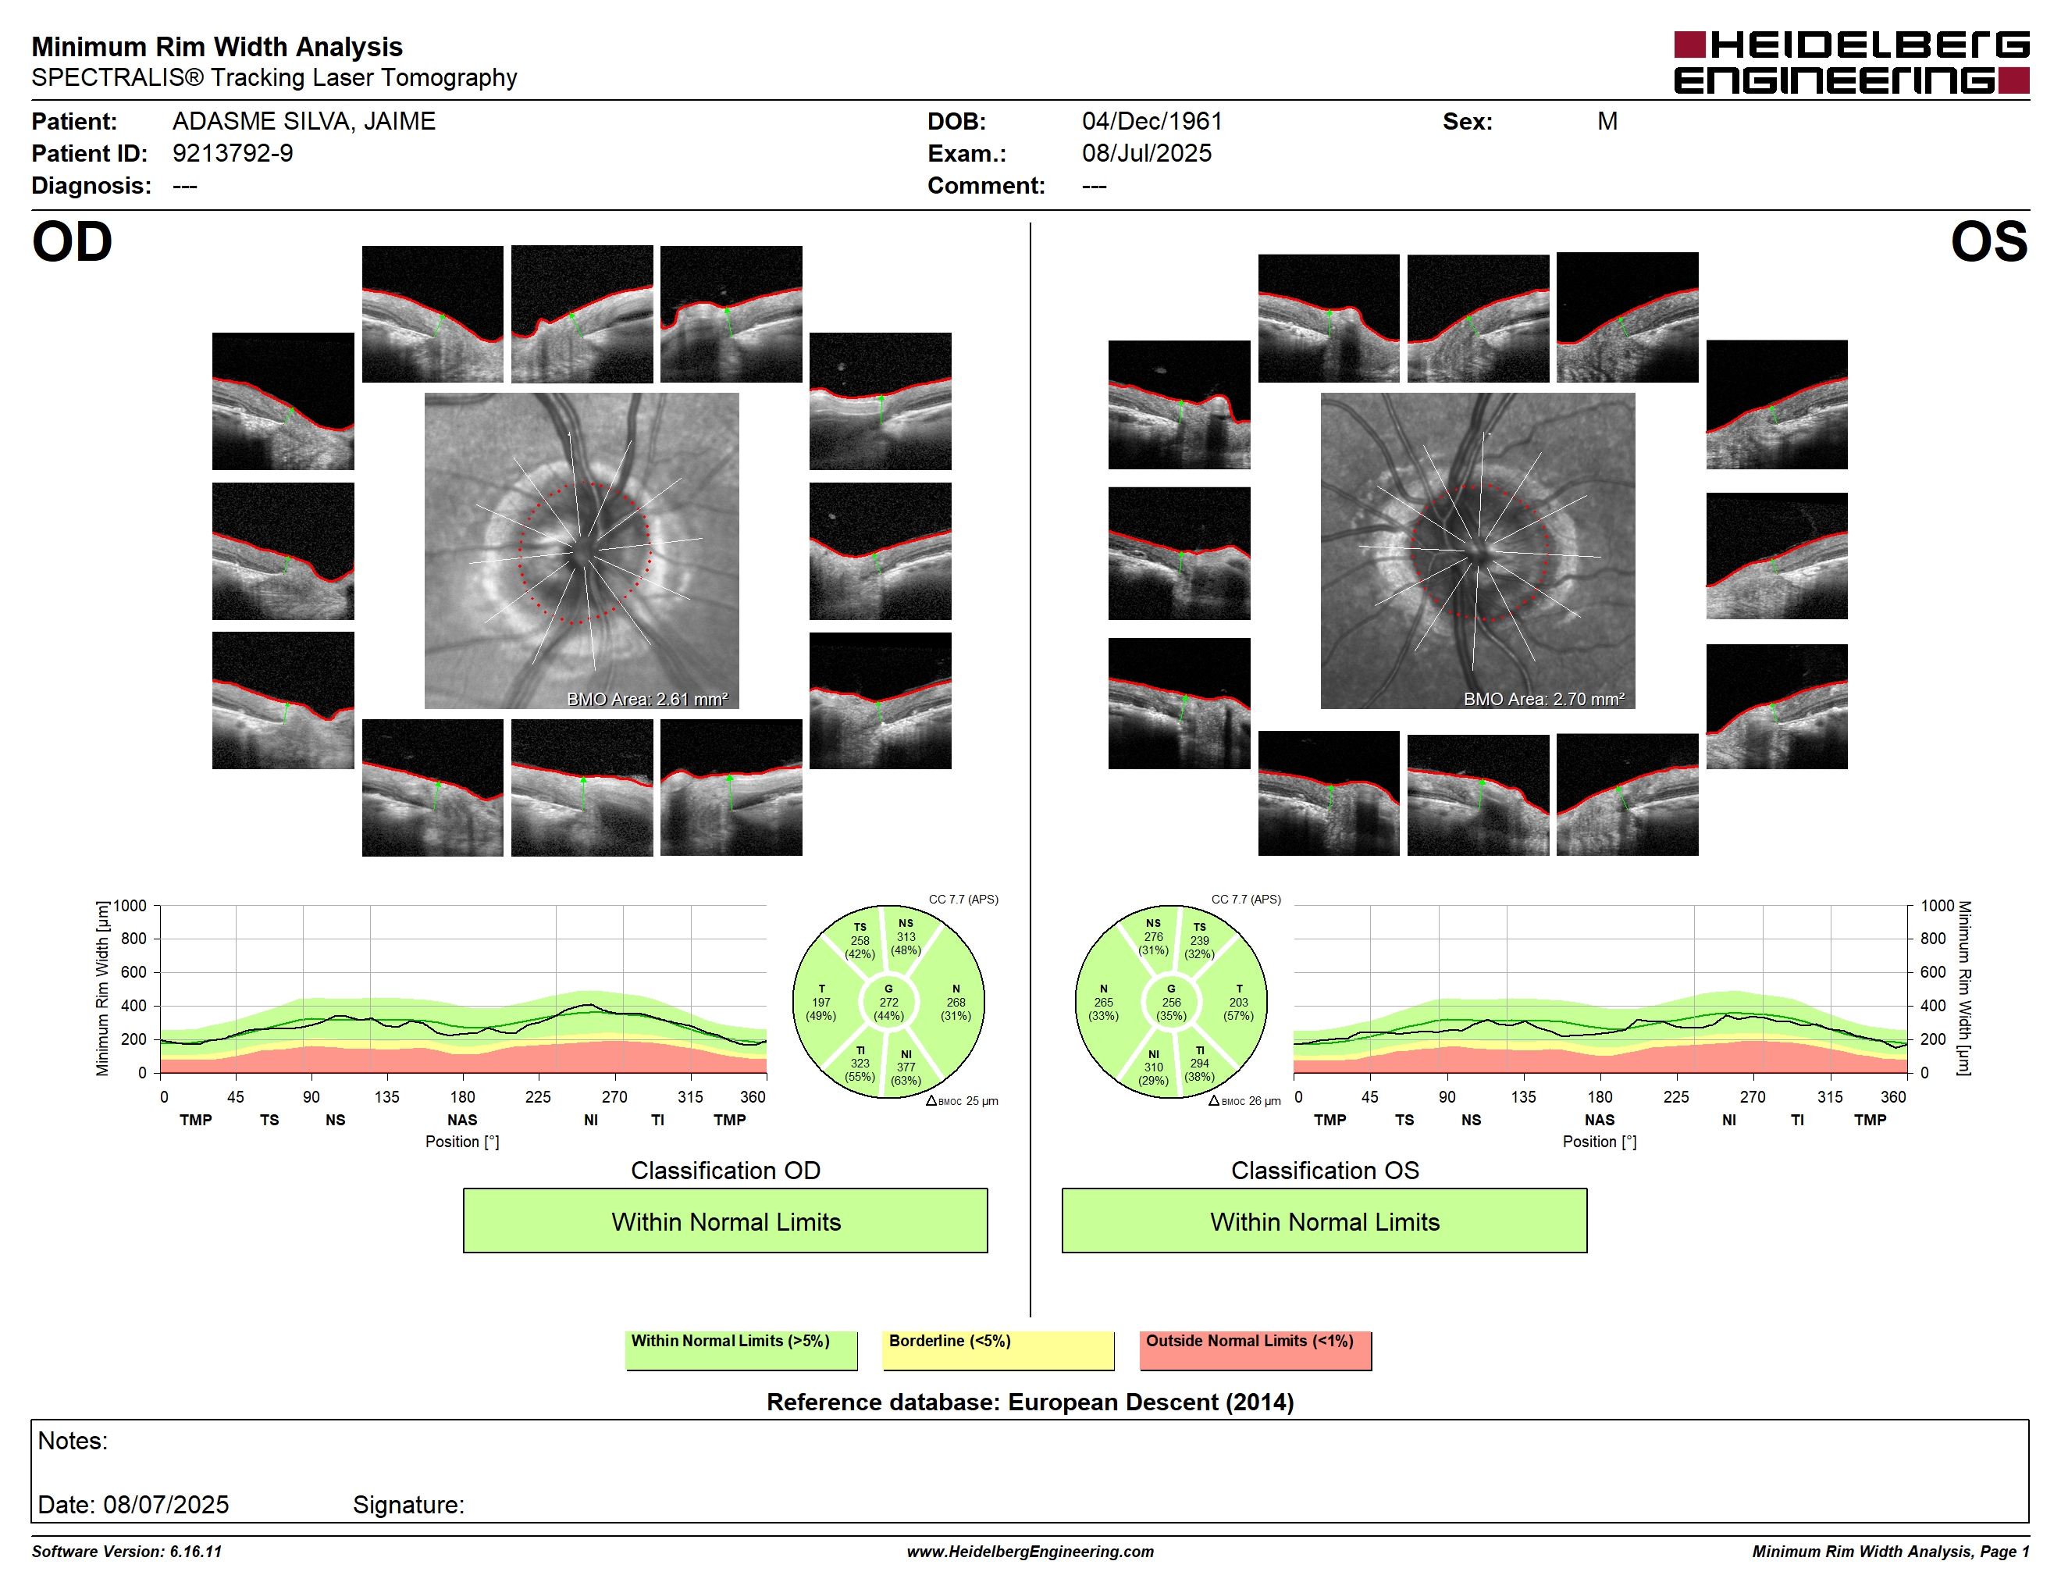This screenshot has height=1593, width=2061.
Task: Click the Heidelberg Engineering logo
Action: point(1852,62)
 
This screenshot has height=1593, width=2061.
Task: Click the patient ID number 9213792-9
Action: point(232,153)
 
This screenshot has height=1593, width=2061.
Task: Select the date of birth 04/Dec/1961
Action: point(1152,121)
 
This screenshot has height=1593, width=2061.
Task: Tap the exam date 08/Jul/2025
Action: point(1147,153)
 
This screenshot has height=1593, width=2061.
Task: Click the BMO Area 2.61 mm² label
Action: point(647,700)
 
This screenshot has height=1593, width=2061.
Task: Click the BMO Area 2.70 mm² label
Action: point(1544,700)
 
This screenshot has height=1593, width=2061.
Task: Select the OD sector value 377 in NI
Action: point(906,1067)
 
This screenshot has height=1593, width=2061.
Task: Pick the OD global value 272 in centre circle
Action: point(889,1002)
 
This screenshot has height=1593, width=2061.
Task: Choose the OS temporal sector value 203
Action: point(1238,1002)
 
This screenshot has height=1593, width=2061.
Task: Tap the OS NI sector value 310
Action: point(1153,1067)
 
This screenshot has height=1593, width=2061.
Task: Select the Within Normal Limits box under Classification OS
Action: point(1324,1221)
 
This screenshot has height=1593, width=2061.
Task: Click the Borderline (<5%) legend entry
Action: point(998,1349)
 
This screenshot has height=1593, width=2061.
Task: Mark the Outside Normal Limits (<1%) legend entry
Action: point(1255,1349)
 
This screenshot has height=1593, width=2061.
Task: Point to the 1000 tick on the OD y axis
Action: point(130,906)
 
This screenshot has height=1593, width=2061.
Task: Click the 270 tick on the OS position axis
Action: point(1753,1096)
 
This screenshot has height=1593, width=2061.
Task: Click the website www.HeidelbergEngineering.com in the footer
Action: point(1030,1552)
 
